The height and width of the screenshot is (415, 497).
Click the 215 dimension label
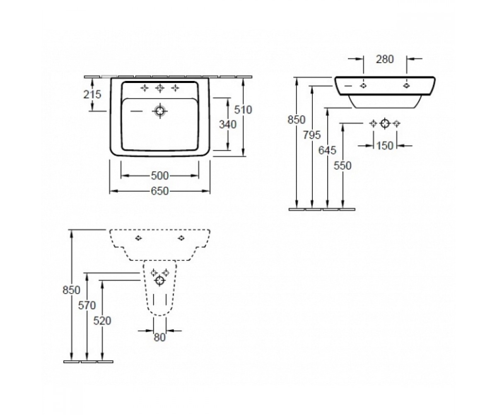pos(92,95)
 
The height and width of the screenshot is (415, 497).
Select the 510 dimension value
pos(243,110)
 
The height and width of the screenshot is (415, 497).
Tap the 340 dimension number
pos(227,124)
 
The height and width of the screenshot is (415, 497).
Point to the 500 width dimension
pos(160,176)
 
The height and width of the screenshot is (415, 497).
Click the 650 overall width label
pos(160,191)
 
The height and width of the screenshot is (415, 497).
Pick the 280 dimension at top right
pos(385,59)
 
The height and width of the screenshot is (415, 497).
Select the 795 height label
pos(312,135)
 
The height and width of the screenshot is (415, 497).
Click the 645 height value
pos(327,150)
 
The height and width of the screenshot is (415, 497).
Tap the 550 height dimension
pos(343,166)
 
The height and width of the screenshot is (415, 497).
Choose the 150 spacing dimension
pos(385,146)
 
